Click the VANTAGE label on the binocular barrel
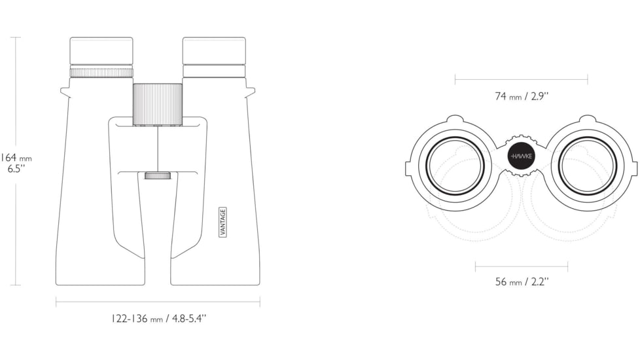223,222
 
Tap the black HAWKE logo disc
521,156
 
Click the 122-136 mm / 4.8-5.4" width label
159,318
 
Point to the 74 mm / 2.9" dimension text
522,96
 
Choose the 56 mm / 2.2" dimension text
522,281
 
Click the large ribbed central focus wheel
158,105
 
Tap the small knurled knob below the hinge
158,175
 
